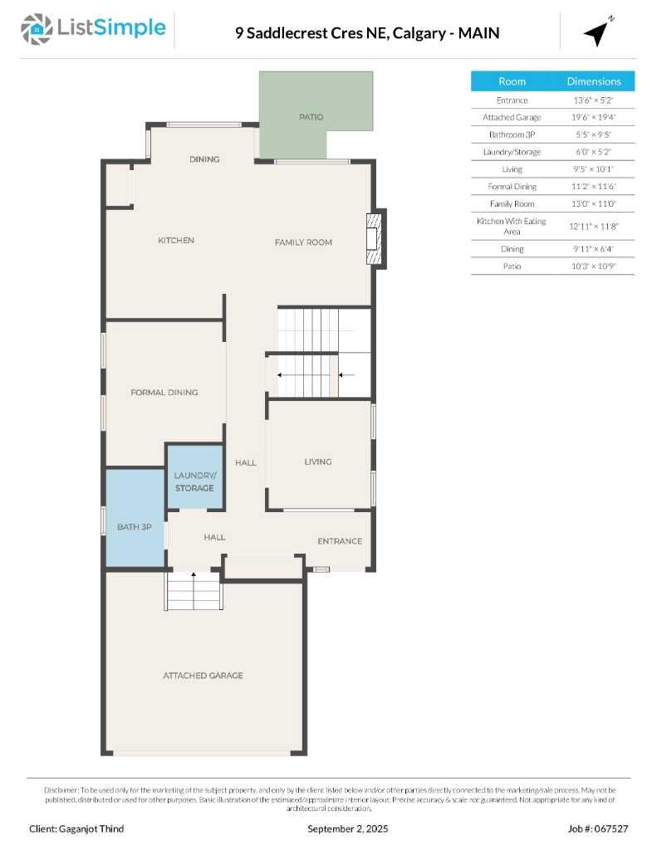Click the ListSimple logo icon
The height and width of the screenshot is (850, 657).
pos(35,29)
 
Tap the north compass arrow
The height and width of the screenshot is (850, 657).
pos(597,32)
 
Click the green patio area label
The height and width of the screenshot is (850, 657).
pos(311,118)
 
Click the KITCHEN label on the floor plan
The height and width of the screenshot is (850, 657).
pos(176,241)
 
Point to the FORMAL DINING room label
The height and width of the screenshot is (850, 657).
pos(164,393)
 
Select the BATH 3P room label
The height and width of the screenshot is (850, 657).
pos(134,527)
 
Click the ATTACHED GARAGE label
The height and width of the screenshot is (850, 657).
pos(203,676)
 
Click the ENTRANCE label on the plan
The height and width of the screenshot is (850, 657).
pos(340,541)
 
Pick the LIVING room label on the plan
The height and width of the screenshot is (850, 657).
pos(317,462)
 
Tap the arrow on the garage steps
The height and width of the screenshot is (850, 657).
pos(194,575)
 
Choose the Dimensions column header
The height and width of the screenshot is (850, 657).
pos(594,81)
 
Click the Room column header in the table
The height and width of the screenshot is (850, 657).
pos(512,81)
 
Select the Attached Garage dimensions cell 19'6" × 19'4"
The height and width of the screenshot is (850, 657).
pos(594,117)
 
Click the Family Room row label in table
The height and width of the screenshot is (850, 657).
pos(512,203)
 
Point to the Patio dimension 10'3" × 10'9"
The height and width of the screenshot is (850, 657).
pos(594,266)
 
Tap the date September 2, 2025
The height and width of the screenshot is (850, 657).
pos(347,828)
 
